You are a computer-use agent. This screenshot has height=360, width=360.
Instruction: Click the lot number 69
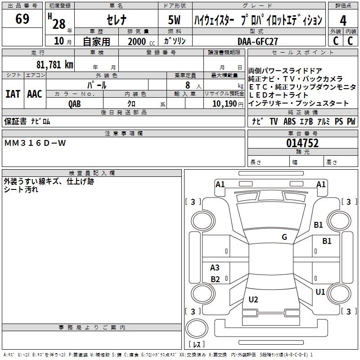22,19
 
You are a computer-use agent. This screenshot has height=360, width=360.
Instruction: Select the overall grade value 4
343,20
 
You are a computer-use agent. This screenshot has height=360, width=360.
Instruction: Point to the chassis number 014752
302,143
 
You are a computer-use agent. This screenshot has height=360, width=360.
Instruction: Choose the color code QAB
75,103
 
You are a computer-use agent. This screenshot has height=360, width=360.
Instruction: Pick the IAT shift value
13,94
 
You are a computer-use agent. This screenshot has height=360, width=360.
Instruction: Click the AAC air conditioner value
34,94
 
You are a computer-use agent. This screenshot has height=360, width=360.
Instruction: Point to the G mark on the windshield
284,237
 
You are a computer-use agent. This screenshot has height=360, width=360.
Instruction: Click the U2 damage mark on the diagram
253,299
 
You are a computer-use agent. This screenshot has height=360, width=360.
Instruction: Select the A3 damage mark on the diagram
215,268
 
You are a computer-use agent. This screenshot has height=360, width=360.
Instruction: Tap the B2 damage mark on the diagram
215,279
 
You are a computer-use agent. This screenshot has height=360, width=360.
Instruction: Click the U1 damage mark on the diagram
320,292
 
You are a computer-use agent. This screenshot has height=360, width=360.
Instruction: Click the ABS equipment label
289,121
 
